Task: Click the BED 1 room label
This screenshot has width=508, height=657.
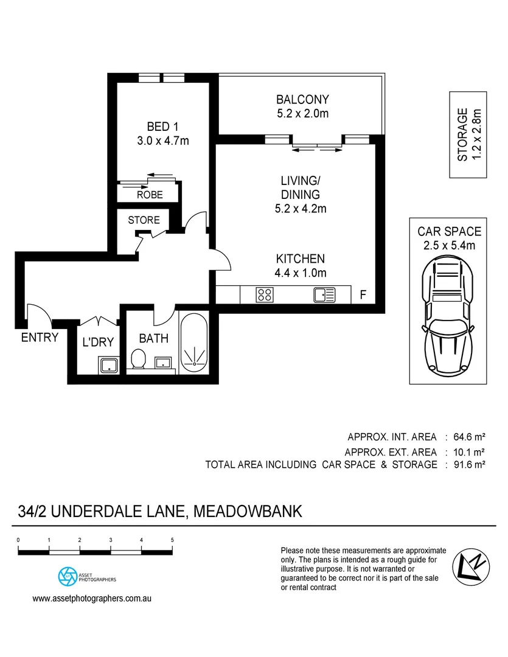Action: [162, 127]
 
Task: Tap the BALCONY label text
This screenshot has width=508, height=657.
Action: [302, 99]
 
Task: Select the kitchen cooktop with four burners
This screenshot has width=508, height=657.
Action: [265, 295]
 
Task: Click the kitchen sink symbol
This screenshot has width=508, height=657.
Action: [324, 295]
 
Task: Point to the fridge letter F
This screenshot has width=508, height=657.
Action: [363, 296]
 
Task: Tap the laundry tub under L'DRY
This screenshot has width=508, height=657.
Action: [109, 365]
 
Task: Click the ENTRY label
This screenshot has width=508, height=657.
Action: [40, 338]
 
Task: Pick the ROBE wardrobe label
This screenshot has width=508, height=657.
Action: [149, 195]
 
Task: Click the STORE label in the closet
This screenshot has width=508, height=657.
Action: [144, 220]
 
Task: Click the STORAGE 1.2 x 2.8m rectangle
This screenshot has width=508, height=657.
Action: [468, 134]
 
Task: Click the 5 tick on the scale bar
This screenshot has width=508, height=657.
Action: [173, 540]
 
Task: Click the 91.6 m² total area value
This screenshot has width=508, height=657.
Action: [470, 465]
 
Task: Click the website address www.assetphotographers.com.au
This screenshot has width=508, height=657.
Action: [91, 598]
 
